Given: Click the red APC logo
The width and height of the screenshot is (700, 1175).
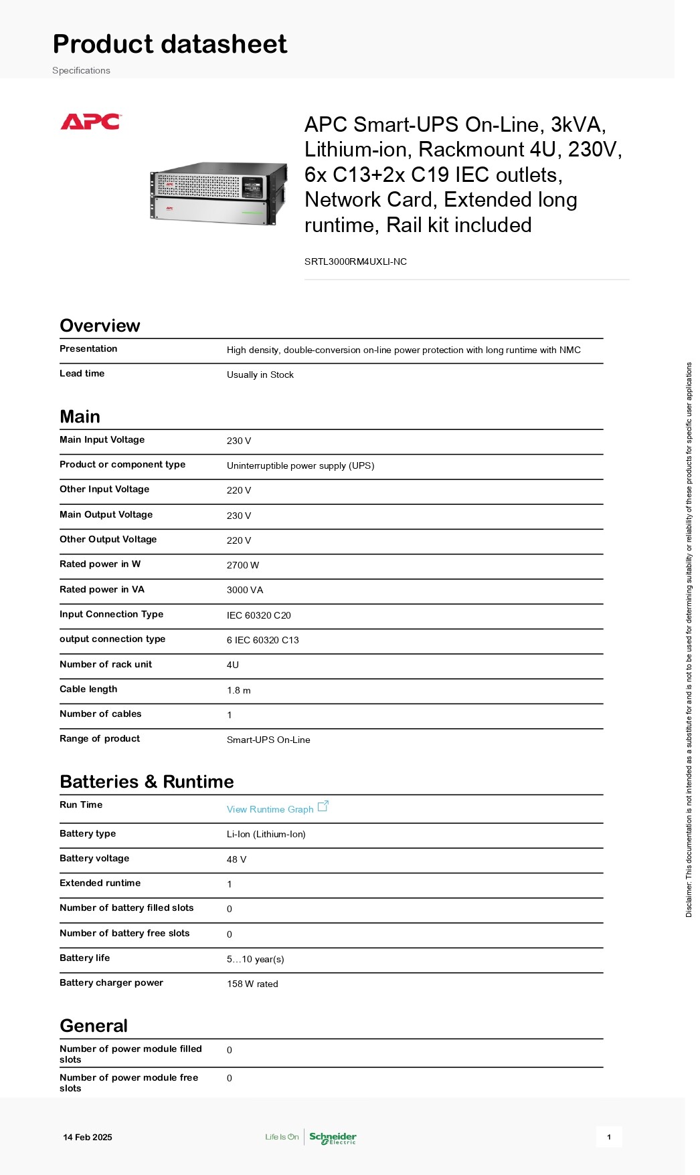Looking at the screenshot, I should click(x=90, y=122).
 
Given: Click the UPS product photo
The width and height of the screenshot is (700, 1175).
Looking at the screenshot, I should click(x=218, y=193).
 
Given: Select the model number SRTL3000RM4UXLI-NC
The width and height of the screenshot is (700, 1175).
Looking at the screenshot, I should click(x=355, y=261).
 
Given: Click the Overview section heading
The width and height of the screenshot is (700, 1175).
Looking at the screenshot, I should click(x=100, y=326).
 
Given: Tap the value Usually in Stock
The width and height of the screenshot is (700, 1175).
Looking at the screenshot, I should click(x=260, y=375).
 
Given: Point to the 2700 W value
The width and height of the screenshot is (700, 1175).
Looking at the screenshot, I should click(x=242, y=565).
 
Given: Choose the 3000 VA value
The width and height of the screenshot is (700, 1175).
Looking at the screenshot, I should click(x=244, y=590).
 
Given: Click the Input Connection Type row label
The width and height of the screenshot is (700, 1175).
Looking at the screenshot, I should click(x=111, y=614).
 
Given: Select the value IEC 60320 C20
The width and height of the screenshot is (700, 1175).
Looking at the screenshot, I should click(x=258, y=615).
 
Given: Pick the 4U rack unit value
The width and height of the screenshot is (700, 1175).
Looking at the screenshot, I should click(x=232, y=665).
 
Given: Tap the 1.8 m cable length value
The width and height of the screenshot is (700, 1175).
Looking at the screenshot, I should click(x=238, y=690).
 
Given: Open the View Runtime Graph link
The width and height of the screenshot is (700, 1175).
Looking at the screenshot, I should click(x=270, y=809).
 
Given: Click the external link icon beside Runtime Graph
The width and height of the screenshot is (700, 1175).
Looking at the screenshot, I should click(x=323, y=806).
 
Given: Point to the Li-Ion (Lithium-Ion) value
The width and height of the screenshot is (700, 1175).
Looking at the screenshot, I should click(x=266, y=834).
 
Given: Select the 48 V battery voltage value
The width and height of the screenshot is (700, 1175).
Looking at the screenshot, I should click(x=236, y=859).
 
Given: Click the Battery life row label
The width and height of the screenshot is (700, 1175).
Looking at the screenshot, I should click(x=84, y=958).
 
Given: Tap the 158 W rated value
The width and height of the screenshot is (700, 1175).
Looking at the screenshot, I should click(x=252, y=984).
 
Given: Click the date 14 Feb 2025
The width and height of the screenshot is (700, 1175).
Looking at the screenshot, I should click(x=88, y=1137).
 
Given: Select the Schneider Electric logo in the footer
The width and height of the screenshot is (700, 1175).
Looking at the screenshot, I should click(x=333, y=1138).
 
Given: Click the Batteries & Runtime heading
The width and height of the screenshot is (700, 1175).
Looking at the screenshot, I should click(x=147, y=782).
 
